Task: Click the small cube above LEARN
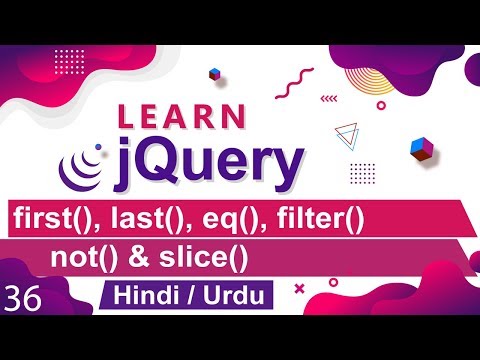(214, 74)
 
